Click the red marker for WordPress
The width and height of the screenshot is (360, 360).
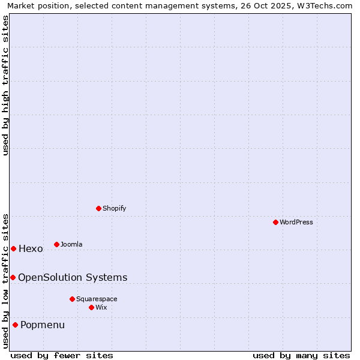tap(275, 222)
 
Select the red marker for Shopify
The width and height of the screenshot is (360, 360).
tap(98, 208)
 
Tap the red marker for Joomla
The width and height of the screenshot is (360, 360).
tap(56, 244)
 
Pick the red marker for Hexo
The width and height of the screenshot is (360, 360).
tap(13, 248)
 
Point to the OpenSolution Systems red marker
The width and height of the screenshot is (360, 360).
tap(13, 277)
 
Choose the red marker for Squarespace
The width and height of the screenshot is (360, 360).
tap(72, 299)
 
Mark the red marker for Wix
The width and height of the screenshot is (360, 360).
tap(91, 307)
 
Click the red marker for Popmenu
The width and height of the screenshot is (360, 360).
tap(15, 325)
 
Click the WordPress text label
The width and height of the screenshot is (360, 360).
tap(296, 222)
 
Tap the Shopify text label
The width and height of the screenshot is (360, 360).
tap(115, 208)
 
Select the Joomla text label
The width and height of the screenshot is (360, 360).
tap(71, 244)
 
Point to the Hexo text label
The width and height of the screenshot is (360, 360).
tap(31, 249)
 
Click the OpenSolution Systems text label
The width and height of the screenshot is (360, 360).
tap(73, 277)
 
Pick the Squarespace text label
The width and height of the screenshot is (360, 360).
tap(97, 299)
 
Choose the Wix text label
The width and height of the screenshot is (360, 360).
tap(101, 307)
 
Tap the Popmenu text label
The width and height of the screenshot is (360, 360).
tap(43, 325)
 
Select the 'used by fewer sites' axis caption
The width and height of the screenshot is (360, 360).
tap(62, 355)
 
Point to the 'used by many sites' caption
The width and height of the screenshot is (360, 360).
tap(301, 355)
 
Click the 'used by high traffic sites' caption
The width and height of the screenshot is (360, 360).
tap(6, 85)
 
